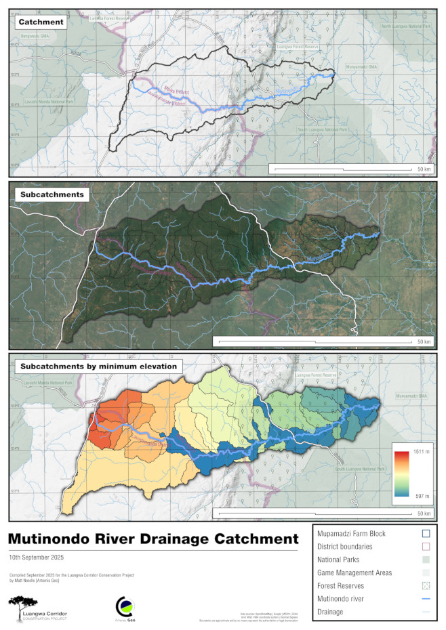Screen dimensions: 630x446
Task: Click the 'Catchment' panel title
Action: (x=41, y=22)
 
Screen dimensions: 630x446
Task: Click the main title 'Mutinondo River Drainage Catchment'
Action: (x=153, y=539)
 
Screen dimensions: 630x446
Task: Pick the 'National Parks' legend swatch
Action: (x=426, y=560)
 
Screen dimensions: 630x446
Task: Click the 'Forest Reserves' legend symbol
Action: (x=426, y=586)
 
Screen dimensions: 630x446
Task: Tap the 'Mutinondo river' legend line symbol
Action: (x=426, y=599)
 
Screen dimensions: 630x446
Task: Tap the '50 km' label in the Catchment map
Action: (x=424, y=169)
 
